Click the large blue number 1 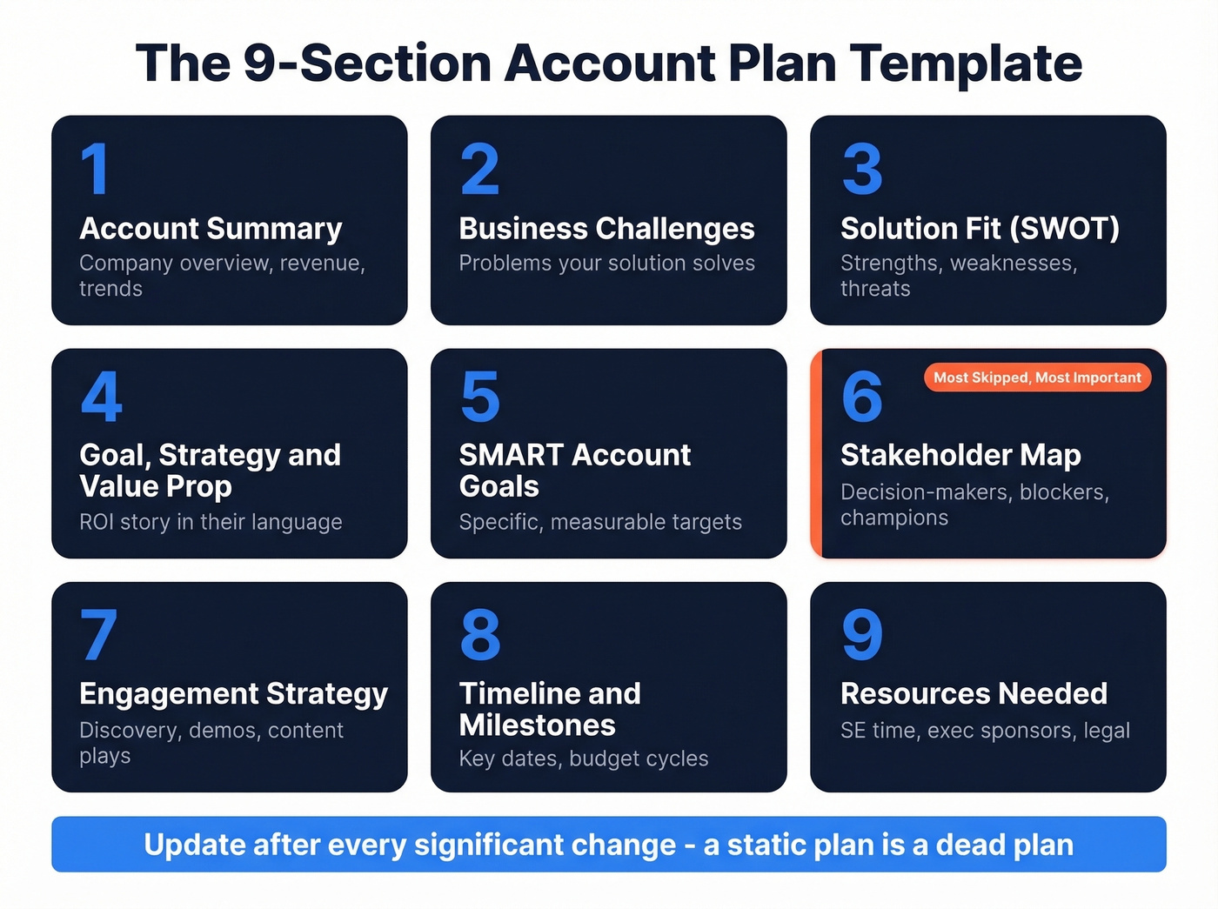tap(96, 170)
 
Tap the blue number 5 tap(480, 397)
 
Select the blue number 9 tap(862, 634)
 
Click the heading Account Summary tap(211, 229)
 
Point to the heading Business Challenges tap(606, 229)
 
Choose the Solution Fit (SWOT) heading tap(980, 229)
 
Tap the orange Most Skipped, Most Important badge tap(1037, 378)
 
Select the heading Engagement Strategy tap(233, 694)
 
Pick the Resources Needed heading tap(974, 694)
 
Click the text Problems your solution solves tap(606, 264)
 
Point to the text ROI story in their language tap(211, 522)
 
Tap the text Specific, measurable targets tap(600, 522)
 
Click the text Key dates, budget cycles tap(584, 759)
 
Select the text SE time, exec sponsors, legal tap(985, 731)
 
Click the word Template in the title tap(966, 63)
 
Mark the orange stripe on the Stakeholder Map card tap(816, 453)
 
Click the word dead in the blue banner tap(966, 845)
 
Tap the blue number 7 tap(98, 634)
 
